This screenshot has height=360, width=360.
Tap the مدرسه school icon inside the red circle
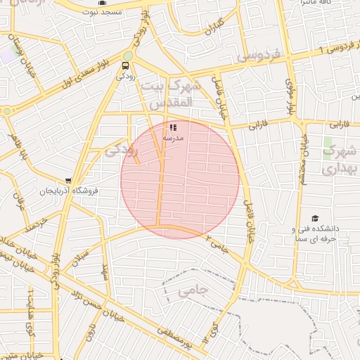[x=173, y=128]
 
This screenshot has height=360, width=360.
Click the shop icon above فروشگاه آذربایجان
[x=67, y=180]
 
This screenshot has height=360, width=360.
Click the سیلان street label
[x=82, y=251]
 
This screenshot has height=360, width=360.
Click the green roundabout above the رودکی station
[x=127, y=56]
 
